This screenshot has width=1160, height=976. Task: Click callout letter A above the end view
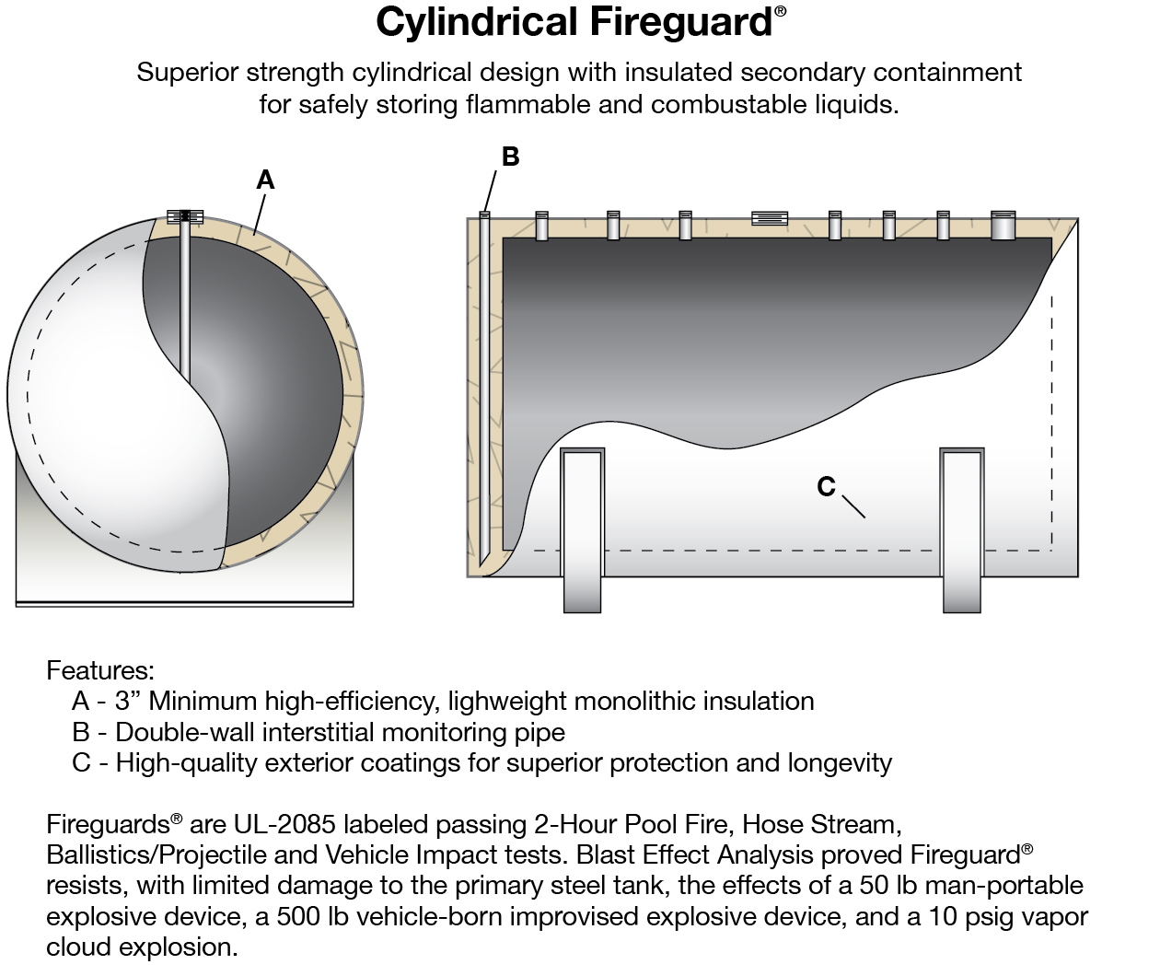point(265,180)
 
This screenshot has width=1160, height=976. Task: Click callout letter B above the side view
point(511,157)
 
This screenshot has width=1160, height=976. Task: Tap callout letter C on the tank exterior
point(826,486)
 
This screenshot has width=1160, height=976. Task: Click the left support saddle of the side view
point(582,530)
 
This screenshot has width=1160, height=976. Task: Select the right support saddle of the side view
point(962,530)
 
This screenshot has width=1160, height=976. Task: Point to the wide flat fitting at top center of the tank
point(770,218)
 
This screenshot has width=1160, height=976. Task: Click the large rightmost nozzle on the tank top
point(1003,225)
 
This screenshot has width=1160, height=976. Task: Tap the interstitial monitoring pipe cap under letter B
point(484,215)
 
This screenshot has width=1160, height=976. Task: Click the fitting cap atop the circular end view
point(185,216)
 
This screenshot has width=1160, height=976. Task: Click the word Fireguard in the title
point(681,22)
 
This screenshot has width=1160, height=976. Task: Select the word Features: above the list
point(100,670)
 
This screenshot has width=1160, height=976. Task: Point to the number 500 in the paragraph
point(298,916)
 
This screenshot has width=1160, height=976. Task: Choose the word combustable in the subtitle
point(728,104)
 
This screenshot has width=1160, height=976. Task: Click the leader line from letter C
point(853,506)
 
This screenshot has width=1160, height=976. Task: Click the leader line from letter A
point(260,215)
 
